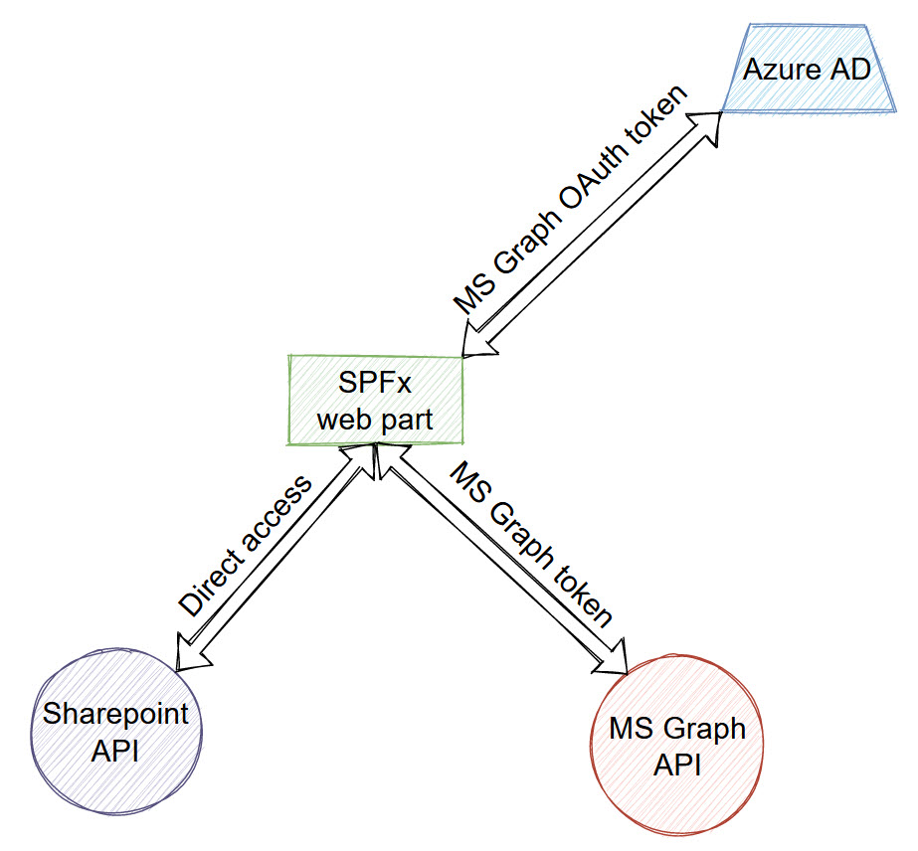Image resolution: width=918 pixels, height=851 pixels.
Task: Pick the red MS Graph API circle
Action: [x=676, y=745]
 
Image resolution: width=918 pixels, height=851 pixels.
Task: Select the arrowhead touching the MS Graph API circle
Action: [x=614, y=660]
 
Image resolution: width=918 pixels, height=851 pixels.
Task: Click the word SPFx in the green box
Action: [x=374, y=383]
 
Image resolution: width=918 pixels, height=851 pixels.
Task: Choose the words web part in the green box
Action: [x=375, y=419]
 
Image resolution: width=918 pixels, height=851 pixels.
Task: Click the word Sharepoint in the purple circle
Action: [x=115, y=715]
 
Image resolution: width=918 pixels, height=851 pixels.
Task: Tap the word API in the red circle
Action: [x=677, y=766]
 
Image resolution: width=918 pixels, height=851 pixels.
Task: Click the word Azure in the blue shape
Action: [x=777, y=69]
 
